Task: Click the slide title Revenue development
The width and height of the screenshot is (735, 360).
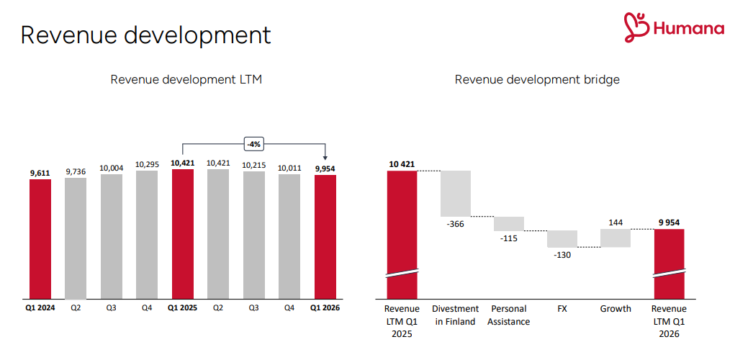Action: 145,35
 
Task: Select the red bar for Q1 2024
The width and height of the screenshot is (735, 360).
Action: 40,238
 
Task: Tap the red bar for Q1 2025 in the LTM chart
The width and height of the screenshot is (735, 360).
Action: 182,234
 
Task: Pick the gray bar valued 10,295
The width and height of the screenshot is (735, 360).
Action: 147,234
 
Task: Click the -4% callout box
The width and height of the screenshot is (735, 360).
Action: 253,144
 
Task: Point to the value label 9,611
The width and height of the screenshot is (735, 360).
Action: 40,172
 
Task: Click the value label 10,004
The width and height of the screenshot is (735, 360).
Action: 111,168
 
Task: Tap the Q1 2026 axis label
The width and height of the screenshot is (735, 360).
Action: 325,308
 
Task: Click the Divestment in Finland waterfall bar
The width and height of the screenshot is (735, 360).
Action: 455,193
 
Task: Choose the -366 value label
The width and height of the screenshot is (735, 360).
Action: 455,224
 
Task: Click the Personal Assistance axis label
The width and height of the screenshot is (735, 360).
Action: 508,315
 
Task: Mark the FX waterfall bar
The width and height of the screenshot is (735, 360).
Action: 562,238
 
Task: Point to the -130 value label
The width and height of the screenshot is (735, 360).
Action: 562,255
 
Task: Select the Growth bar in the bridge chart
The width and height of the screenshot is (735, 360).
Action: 615,238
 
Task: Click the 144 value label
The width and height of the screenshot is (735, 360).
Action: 615,222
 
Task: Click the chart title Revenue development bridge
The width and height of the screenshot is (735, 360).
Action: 537,80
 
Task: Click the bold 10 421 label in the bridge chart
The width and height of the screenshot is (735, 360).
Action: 402,164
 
